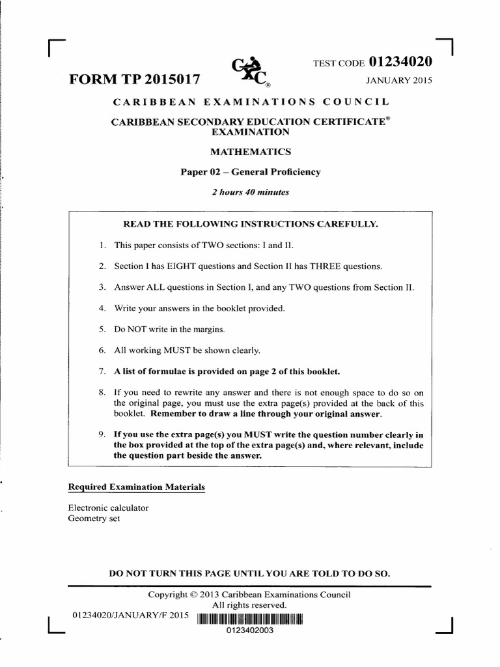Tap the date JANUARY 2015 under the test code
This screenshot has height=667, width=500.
[x=399, y=81]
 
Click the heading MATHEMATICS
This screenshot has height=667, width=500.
[x=250, y=152]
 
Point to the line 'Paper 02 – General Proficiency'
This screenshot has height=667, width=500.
[x=250, y=172]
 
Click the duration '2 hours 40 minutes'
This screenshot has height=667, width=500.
[x=250, y=192]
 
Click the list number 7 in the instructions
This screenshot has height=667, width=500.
[x=102, y=371]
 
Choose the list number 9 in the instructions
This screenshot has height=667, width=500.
[x=102, y=434]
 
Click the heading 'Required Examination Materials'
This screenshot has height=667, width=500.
[x=137, y=487]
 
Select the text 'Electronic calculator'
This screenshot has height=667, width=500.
[x=108, y=507]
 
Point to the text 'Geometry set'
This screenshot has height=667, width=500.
[x=94, y=518]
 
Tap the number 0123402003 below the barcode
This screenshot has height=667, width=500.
[x=250, y=631]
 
